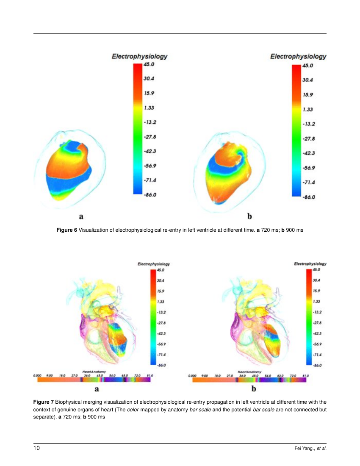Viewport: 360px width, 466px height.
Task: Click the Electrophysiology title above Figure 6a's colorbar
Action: point(140,56)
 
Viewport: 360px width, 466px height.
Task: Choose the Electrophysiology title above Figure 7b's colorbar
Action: point(310,264)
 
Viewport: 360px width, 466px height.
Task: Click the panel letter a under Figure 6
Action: point(81,216)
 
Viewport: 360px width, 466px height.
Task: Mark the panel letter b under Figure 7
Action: point(254,388)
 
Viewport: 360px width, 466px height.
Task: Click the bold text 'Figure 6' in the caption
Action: point(67,230)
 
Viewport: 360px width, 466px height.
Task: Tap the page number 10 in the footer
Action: point(37,448)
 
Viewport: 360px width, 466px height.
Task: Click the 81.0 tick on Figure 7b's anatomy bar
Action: point(305,375)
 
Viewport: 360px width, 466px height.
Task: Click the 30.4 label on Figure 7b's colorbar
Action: point(316,280)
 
